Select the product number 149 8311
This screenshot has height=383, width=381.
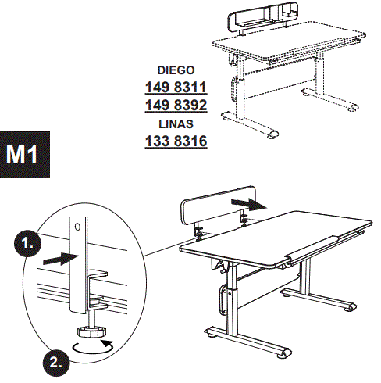[x=176, y=86]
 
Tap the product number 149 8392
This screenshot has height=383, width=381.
[x=176, y=105]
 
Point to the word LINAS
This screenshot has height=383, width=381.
[x=176, y=123]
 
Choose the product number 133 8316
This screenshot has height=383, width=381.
[x=176, y=141]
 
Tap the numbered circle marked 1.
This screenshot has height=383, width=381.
[x=27, y=244]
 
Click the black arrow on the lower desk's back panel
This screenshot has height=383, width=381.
[x=252, y=203]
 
